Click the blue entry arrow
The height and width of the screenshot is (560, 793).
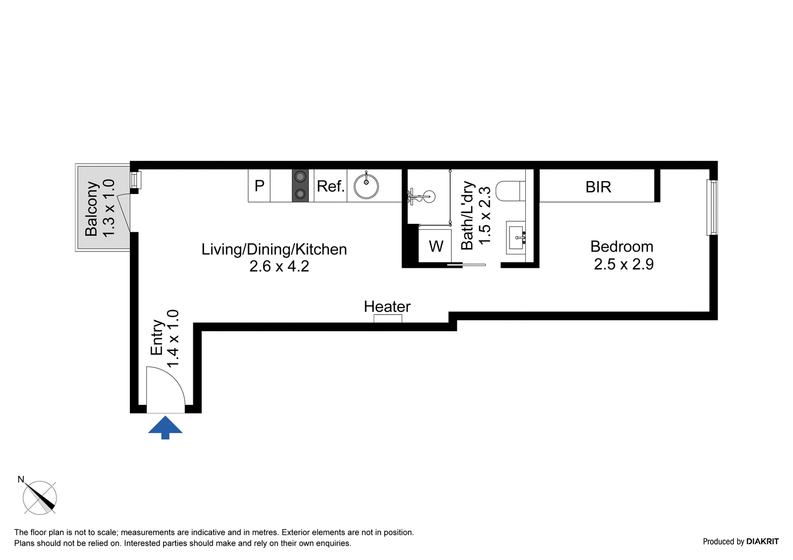[x=165, y=427]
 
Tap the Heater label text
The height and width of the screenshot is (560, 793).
[x=387, y=306]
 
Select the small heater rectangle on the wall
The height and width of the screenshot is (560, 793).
[x=388, y=318]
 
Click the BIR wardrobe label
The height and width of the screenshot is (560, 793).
[x=598, y=187]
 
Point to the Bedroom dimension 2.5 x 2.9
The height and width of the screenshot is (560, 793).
[x=623, y=264]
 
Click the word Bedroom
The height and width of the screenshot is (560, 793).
[x=622, y=246]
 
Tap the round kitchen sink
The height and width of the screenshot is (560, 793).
[x=366, y=186]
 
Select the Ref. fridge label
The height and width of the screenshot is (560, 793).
[x=331, y=186]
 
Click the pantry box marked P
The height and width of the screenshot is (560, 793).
[x=259, y=186]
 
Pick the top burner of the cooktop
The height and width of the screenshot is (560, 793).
[x=300, y=177]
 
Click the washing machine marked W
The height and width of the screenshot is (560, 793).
[x=435, y=246]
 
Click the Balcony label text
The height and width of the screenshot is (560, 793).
[x=92, y=208]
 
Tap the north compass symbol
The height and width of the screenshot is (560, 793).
[x=40, y=497]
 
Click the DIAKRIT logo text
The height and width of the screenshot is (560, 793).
[x=762, y=541]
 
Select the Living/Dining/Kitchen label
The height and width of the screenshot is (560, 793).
[x=274, y=249]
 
